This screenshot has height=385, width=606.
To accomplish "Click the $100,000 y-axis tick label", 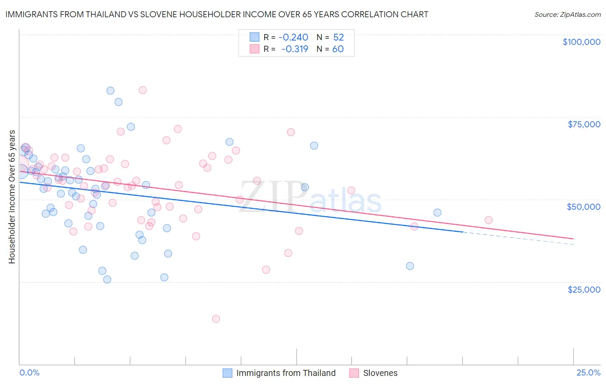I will coord(581,42).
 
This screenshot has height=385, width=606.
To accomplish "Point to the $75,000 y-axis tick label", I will coord(584,124).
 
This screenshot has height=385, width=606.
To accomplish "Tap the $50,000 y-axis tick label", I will coord(584,207).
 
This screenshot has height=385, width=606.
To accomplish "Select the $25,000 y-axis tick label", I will coord(584,289).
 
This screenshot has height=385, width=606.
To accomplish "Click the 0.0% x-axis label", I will coord(29,372).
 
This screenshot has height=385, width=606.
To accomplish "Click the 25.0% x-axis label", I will coord(588,372).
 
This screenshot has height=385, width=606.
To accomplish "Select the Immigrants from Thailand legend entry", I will coord(286,373).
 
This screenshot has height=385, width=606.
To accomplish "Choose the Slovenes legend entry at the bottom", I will coord(380,373).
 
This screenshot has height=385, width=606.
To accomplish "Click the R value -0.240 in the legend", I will coord(294,38).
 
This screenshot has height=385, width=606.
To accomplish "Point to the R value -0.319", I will coord(295,49).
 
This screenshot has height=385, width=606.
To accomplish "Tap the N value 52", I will coord(338,38).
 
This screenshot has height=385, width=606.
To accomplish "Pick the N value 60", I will coord(338,49).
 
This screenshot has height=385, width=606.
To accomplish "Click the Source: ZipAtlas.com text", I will coord(567,15).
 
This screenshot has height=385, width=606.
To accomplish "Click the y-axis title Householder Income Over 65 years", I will coord(12,196).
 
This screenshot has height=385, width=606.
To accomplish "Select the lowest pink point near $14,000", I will coord(216,319).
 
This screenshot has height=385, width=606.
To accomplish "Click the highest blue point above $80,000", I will coord(110,91).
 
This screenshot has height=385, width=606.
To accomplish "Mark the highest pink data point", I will coord(143,90).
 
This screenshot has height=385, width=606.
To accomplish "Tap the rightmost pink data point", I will coord(488,220).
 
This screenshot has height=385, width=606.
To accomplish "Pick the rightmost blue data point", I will coord(437,212).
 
